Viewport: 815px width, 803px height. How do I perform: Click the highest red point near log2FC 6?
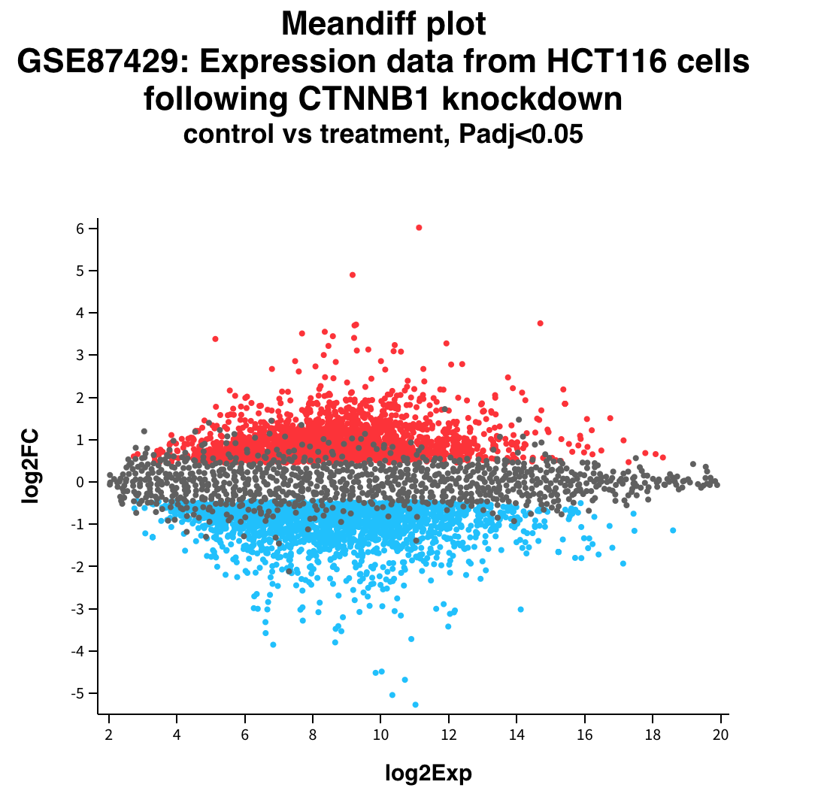[x=419, y=227]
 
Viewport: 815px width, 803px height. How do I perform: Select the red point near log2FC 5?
[x=353, y=274]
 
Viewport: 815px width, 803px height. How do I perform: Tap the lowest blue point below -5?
[x=415, y=705]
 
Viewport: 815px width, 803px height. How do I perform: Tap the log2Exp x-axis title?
[x=429, y=772]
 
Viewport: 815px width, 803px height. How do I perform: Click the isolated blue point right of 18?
[x=673, y=530]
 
